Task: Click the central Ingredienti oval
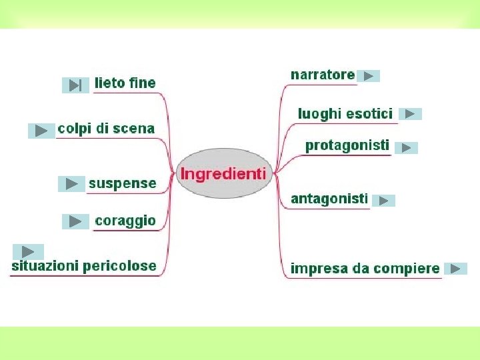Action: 224,174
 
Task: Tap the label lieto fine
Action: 125,83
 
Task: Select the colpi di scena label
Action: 106,128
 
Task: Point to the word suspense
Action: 122,183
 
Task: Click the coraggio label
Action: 125,221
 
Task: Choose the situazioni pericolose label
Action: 84,266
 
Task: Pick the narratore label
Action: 323,75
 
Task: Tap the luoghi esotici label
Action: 345,113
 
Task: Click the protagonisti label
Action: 347,145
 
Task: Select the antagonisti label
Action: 329,199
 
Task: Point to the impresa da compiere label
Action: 365,269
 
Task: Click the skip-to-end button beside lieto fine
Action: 75,85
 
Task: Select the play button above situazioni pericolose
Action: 28,251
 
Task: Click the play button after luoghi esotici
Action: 410,114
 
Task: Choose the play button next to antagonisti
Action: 383,200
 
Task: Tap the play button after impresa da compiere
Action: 455,269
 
